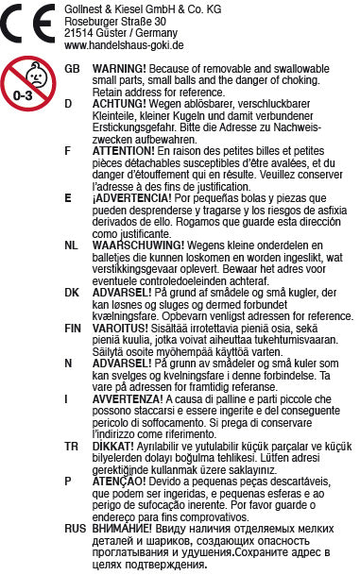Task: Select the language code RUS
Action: tap(76, 530)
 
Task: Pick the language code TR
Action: tap(72, 441)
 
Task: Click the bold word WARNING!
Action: tap(120, 70)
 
